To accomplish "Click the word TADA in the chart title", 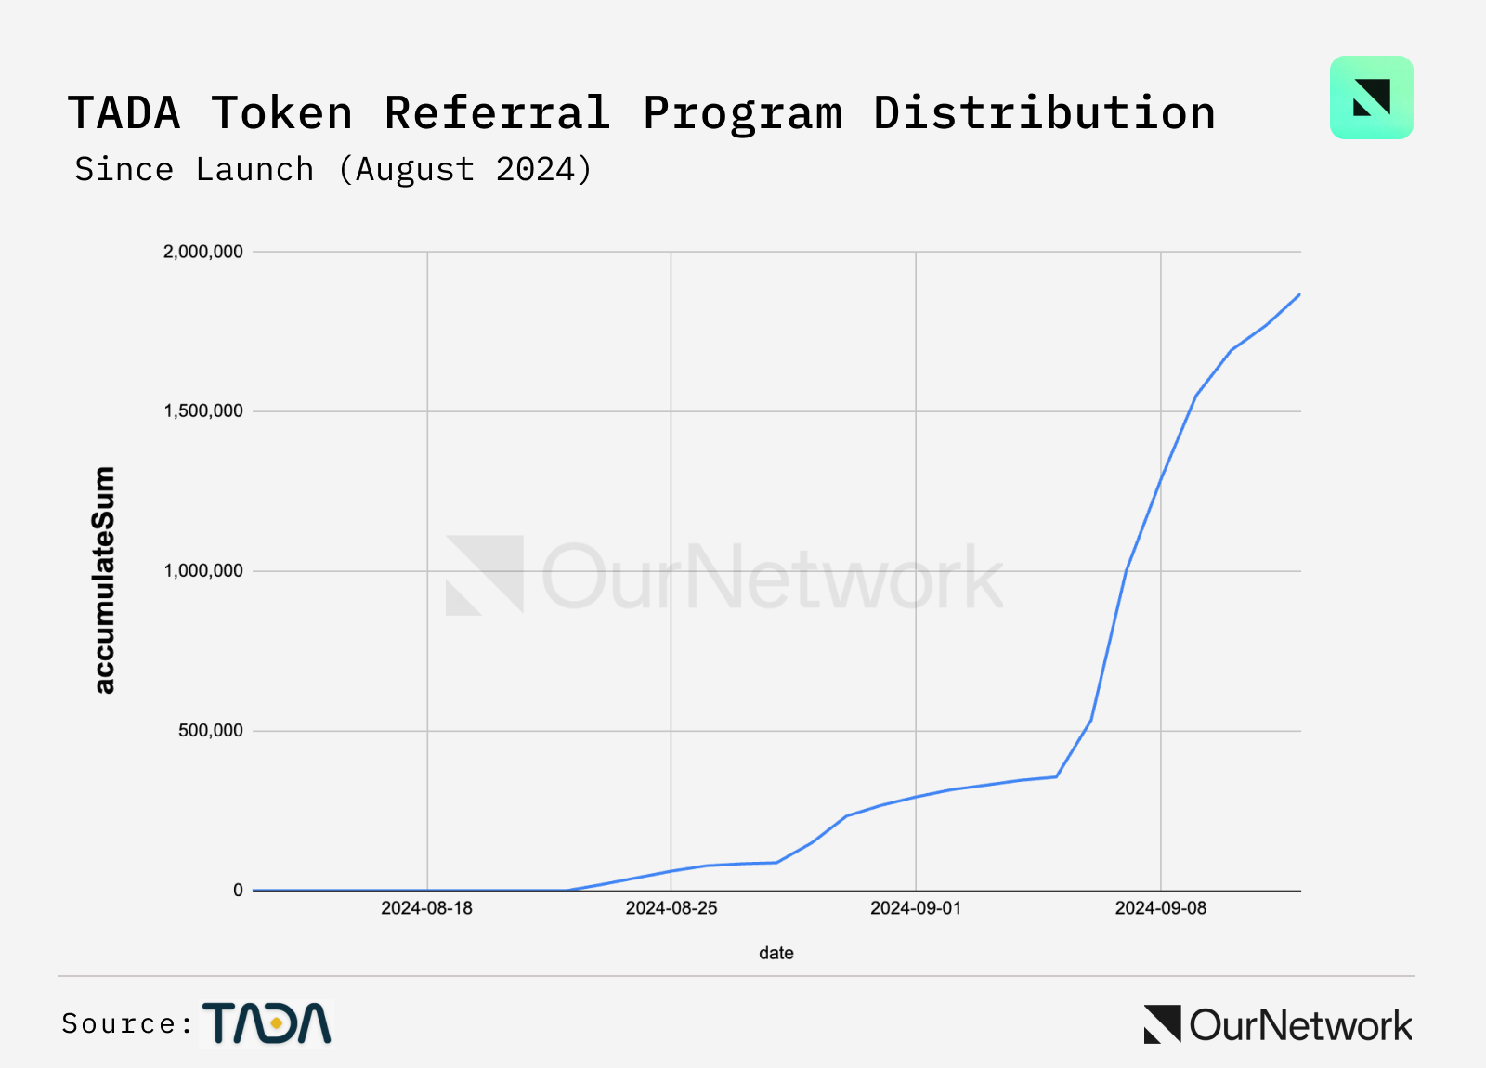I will [124, 113].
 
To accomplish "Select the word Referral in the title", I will [497, 113].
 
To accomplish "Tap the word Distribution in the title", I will [1044, 113].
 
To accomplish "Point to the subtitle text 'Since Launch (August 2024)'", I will [332, 169].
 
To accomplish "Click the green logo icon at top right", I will [1371, 98].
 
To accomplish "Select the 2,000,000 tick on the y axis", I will [203, 252].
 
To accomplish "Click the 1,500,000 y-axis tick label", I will [203, 411].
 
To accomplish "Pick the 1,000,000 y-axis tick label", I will [203, 571].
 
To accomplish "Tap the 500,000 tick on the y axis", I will [211, 731].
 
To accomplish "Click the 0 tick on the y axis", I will [238, 891].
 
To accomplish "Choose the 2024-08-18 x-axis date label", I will [426, 908].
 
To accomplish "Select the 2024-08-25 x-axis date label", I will [671, 908].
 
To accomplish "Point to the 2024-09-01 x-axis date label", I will [916, 908].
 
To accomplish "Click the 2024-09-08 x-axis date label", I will [1161, 908].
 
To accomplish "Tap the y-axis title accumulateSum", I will [104, 580].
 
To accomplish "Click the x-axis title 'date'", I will [776, 953].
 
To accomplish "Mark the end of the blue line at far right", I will [1299, 294].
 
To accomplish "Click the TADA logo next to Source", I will [267, 1023].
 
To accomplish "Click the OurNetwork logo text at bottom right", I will [1299, 1025].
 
